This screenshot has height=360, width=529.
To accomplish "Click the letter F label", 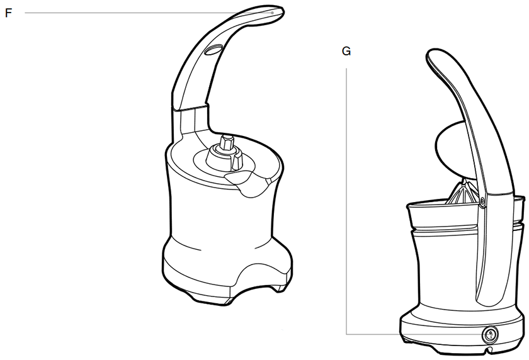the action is coord(8,13).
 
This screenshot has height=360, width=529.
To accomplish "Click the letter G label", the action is coord(346,51).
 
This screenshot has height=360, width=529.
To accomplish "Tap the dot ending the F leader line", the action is coord(273,13).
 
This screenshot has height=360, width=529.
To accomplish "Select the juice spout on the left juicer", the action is coord(247,184).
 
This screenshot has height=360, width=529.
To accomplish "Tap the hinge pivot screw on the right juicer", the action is coord(482,201).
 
